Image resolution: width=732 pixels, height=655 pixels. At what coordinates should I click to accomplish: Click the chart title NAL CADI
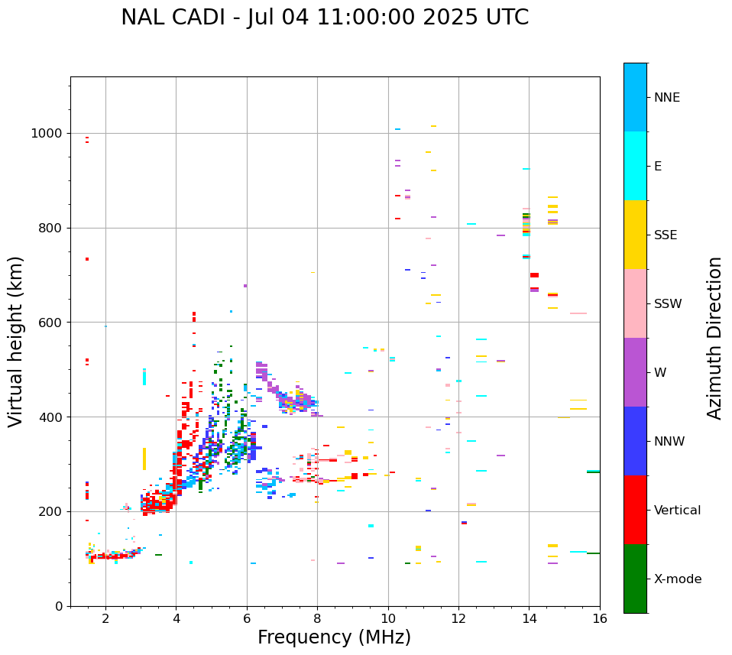coord(324,18)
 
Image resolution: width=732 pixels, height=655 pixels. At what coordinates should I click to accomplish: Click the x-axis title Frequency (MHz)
coord(334,637)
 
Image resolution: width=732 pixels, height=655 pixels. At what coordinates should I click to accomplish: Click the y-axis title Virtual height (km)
coord(16,342)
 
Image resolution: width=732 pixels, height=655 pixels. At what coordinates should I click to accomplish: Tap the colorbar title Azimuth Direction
coord(714,338)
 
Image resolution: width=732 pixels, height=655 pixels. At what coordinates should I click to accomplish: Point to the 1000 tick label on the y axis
coord(47,134)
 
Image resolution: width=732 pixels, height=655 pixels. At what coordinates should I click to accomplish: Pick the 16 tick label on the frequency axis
coord(600,619)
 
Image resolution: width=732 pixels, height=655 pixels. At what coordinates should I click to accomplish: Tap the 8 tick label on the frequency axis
coord(317,619)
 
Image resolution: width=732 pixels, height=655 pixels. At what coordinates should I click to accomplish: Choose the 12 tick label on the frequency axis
coord(458,619)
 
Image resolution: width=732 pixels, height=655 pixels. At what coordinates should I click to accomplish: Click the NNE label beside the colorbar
coord(666,98)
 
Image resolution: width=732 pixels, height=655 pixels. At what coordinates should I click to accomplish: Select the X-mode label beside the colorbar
coord(677,579)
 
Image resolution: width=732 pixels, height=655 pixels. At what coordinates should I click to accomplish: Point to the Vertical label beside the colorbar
coord(677,511)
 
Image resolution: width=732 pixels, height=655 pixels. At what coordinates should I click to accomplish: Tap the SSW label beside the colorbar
coord(668,304)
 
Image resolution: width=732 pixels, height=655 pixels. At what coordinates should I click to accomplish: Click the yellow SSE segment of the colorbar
coord(635,235)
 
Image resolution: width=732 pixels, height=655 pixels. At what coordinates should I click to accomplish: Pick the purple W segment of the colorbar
coord(635,372)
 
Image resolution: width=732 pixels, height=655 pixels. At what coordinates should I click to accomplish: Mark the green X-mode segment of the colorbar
coord(635,579)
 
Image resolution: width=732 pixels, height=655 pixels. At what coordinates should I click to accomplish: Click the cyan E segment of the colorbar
coord(635,166)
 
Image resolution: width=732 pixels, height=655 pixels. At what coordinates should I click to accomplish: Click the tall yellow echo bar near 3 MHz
coord(144,459)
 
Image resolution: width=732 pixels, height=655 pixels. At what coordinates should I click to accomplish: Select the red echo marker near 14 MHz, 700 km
coord(534,275)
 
